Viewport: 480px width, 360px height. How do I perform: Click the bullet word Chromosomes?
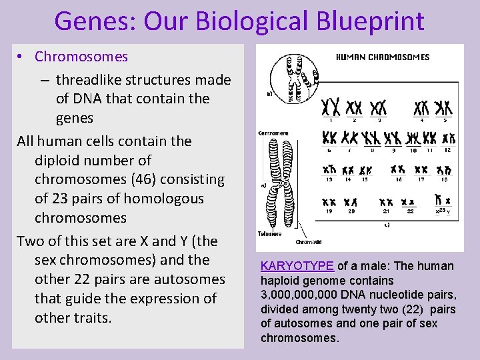coord(81,57)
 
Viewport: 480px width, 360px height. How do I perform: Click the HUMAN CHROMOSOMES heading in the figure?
coord(382,57)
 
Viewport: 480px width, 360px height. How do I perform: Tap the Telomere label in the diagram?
coord(269,234)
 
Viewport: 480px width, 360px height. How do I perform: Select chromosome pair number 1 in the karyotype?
coord(331,107)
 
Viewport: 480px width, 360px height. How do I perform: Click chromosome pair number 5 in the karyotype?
coord(443,107)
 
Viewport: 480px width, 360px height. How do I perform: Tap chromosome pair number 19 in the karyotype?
coord(329,201)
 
